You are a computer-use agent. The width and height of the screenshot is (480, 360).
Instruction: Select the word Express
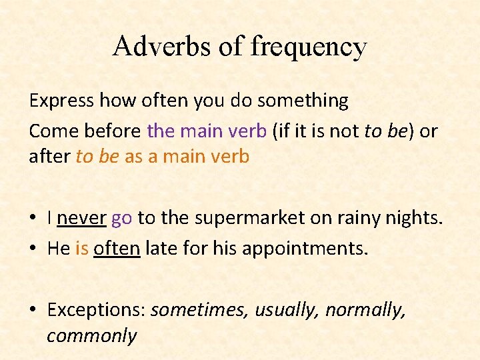point(61,101)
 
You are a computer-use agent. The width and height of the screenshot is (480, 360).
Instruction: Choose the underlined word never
point(81,217)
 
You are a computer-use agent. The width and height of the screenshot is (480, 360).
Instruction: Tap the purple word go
point(121,219)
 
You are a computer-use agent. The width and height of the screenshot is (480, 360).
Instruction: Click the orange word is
point(82,249)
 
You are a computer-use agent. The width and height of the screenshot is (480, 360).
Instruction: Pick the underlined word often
point(117,249)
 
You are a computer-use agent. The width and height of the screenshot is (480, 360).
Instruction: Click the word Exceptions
point(96,311)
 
